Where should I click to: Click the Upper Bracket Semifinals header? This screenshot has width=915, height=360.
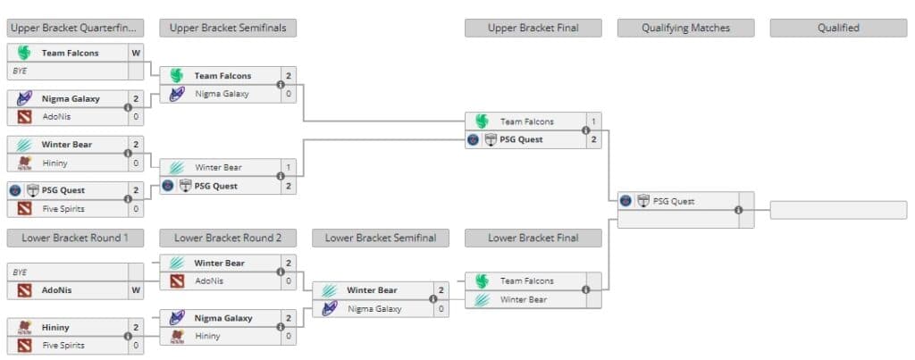tap(228, 28)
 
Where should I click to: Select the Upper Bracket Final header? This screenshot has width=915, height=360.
tap(533, 28)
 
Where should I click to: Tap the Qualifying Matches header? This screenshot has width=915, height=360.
tap(685, 28)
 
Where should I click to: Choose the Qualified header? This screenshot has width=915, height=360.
tap(838, 28)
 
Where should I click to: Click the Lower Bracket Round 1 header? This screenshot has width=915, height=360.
tap(75, 238)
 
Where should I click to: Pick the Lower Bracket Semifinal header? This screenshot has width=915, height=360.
tap(381, 238)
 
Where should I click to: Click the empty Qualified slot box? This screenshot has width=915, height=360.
tap(838, 211)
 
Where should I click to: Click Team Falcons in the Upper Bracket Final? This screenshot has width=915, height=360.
tap(526, 121)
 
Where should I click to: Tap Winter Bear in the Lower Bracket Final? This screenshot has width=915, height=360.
tap(523, 299)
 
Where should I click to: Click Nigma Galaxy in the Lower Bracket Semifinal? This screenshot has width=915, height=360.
tap(374, 309)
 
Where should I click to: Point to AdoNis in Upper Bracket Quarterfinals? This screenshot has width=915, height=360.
tap(56, 116)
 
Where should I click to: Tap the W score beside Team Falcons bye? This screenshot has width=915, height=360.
tap(136, 53)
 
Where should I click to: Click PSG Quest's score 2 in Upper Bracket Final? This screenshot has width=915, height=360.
tap(593, 139)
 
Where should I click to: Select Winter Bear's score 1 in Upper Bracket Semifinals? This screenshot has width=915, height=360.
tap(288, 167)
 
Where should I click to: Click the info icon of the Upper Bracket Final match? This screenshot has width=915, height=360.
tap(586, 130)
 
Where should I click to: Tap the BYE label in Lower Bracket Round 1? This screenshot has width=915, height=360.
tap(20, 272)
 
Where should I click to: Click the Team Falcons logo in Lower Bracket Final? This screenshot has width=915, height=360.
tap(482, 281)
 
